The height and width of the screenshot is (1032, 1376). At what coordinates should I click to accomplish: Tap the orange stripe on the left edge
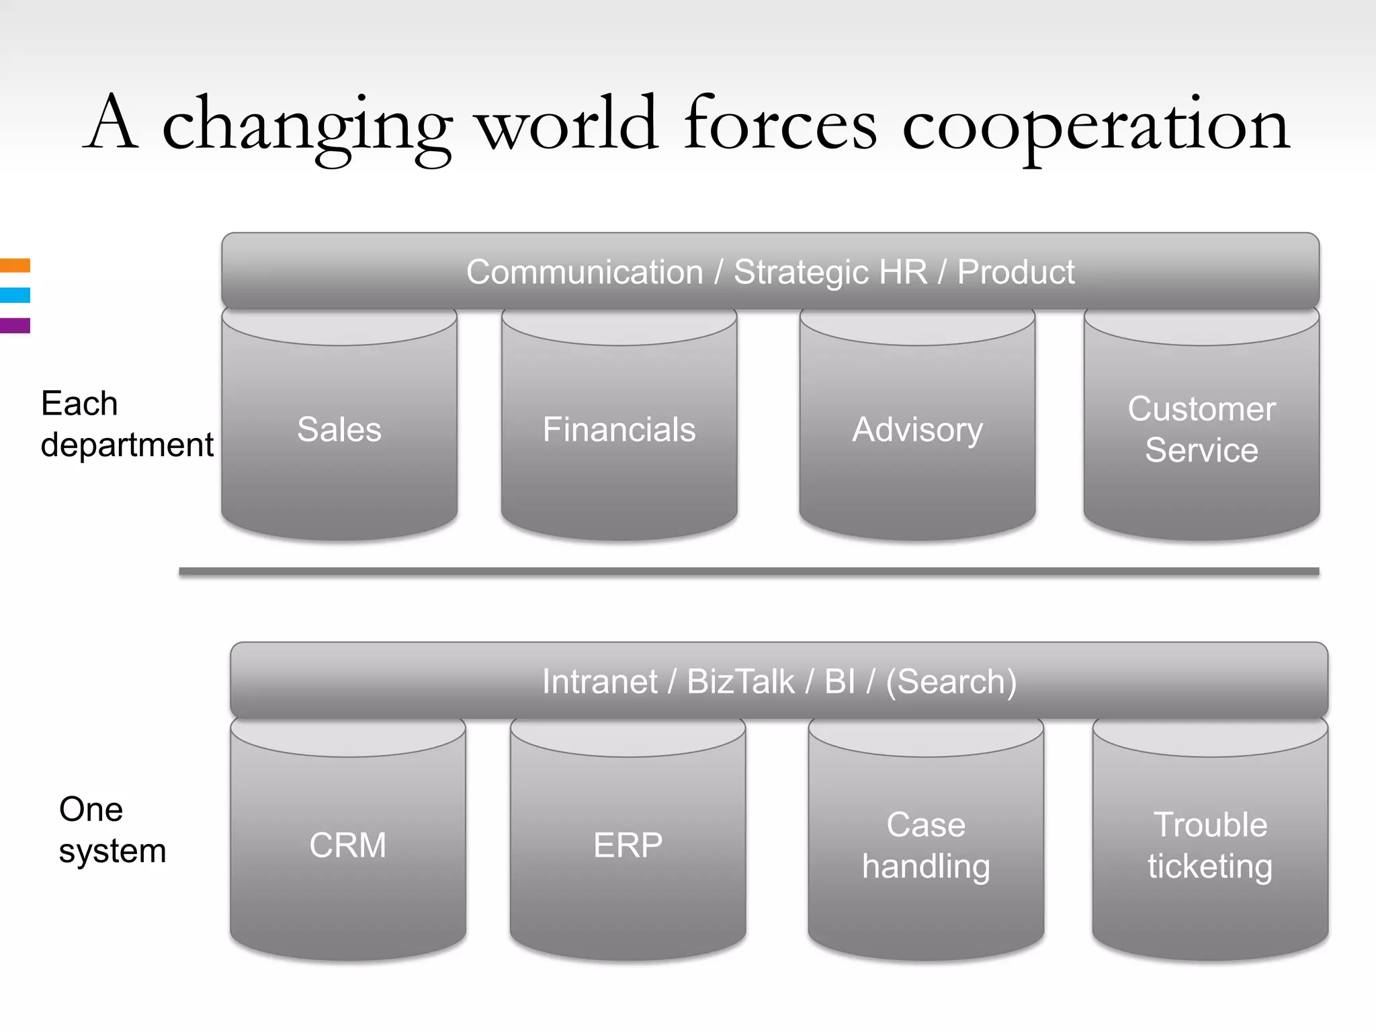click(15, 265)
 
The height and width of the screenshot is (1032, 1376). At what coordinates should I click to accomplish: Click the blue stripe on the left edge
click(15, 295)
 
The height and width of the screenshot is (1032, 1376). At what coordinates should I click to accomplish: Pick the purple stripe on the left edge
click(15, 326)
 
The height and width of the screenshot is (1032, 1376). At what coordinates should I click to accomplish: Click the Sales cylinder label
click(339, 430)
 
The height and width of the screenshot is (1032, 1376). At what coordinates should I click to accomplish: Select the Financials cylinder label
click(619, 430)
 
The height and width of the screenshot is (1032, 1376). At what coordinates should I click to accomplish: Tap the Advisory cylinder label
click(917, 430)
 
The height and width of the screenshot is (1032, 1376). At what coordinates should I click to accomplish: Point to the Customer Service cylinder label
click(1201, 429)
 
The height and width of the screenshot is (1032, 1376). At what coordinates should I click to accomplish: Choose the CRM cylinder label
click(348, 845)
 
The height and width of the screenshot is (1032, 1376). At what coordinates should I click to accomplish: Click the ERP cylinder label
click(628, 845)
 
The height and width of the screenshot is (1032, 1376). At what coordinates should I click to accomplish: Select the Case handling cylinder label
click(926, 845)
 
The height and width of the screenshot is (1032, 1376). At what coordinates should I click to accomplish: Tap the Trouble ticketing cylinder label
click(1210, 845)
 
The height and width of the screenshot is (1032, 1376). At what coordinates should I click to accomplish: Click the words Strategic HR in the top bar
click(830, 272)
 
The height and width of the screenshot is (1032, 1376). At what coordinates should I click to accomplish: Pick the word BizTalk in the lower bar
click(740, 681)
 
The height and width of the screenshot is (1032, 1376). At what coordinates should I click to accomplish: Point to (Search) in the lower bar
click(951, 681)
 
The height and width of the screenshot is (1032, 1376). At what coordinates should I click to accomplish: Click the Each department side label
click(126, 424)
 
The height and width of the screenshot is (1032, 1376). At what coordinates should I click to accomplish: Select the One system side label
click(112, 830)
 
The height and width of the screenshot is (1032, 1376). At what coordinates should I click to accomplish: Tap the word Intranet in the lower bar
click(599, 681)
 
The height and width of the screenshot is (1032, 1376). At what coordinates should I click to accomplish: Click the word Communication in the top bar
click(585, 272)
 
